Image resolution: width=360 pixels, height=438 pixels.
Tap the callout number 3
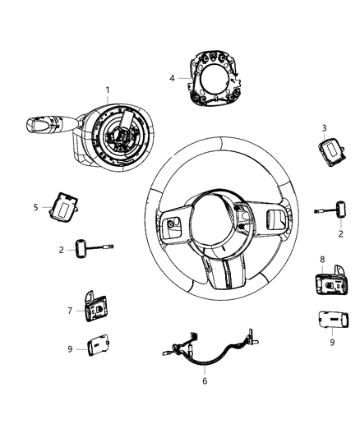coord(324,127)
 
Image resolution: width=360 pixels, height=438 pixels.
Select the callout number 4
coord(172,78)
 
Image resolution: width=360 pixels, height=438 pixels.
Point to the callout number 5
coord(35,207)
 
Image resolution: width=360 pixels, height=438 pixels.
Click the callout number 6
coord(205,381)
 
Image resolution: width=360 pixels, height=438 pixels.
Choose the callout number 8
coord(322,260)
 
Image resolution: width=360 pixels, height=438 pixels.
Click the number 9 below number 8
coord(332,342)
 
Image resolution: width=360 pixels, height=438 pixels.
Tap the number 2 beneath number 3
coord(340,233)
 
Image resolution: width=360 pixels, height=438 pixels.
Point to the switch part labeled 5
coord(62,207)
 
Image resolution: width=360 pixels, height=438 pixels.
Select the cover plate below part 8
coord(327,319)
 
